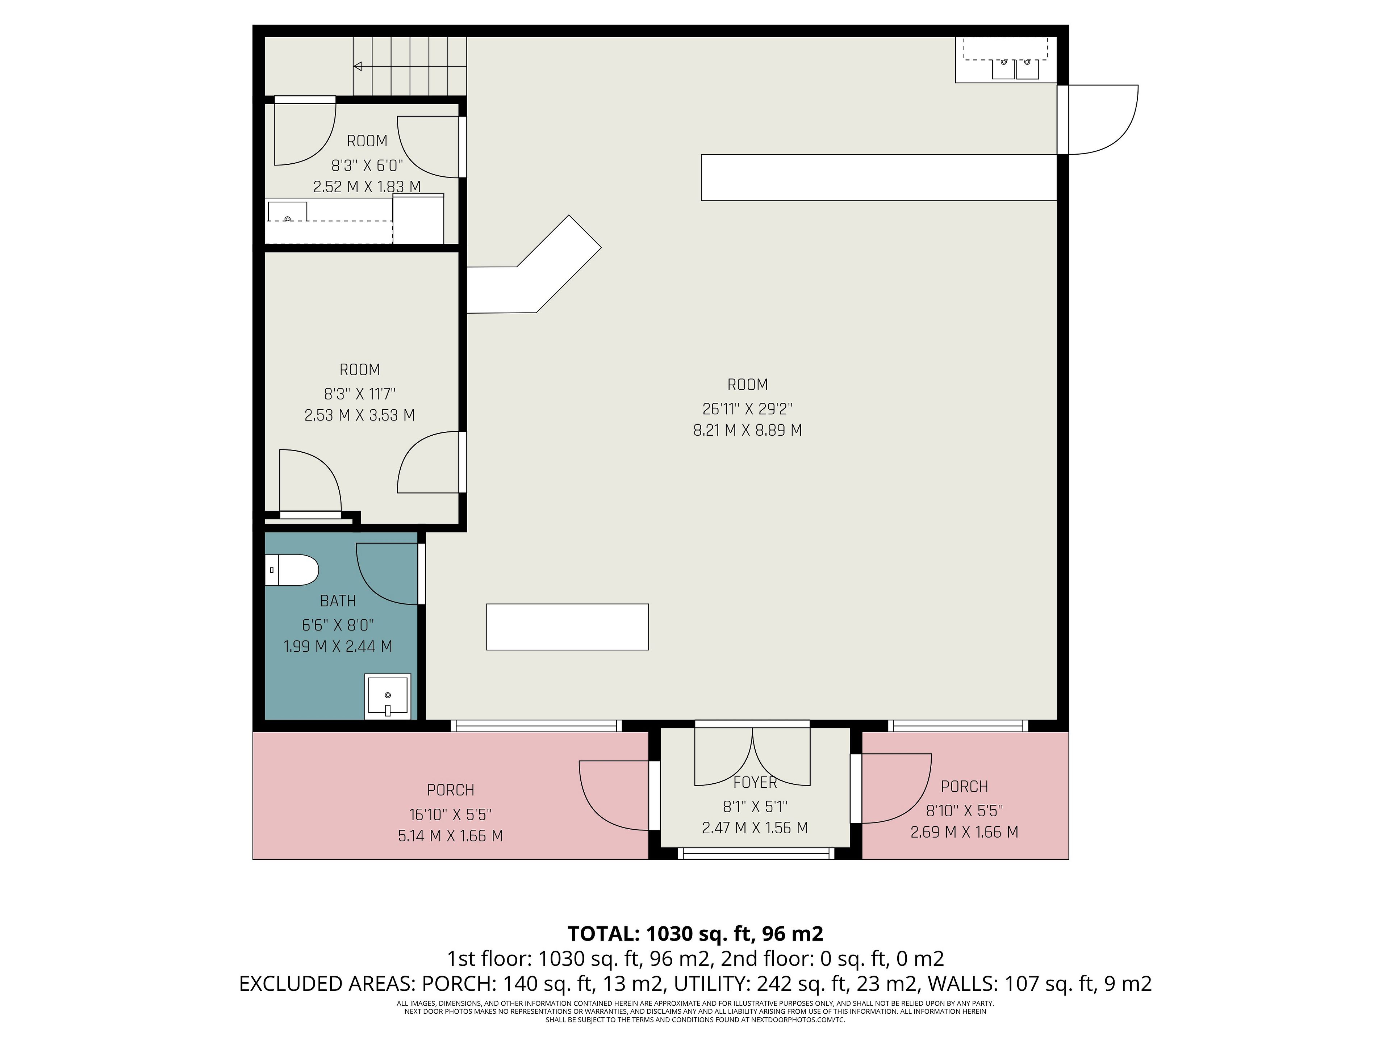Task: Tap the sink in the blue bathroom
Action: click(x=388, y=696)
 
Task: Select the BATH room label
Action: click(x=338, y=601)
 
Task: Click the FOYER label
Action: click(x=755, y=783)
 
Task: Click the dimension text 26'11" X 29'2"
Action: click(x=748, y=409)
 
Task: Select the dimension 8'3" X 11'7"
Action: click(x=360, y=394)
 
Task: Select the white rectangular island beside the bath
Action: click(x=567, y=627)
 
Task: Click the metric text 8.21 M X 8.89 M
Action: click(x=748, y=431)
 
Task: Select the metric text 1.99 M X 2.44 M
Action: click(x=338, y=646)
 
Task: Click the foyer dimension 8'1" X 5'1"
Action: click(x=755, y=807)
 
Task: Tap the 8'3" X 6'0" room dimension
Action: click(x=367, y=166)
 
